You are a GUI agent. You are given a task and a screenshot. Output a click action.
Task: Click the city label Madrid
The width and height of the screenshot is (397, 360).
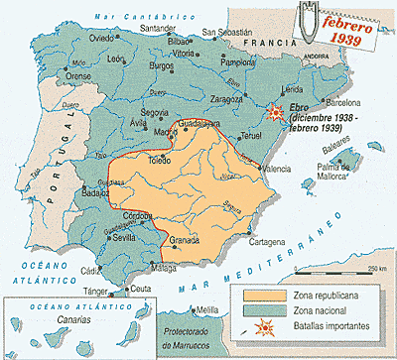pyautogui.click(x=138, y=130)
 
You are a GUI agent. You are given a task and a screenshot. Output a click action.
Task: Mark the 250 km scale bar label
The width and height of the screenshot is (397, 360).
pyautogui.click(x=375, y=269)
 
